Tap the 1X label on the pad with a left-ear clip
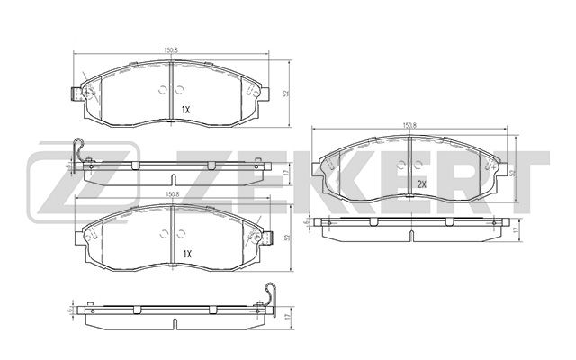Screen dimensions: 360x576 pos(186,110)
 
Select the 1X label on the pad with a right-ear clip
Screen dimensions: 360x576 pos(186,255)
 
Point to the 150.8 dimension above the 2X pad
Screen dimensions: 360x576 pos(409,125)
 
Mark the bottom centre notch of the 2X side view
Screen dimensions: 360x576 pos(409,238)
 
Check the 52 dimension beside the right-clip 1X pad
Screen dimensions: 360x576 pos(286,238)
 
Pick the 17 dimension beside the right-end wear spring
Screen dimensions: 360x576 pos(286,317)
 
